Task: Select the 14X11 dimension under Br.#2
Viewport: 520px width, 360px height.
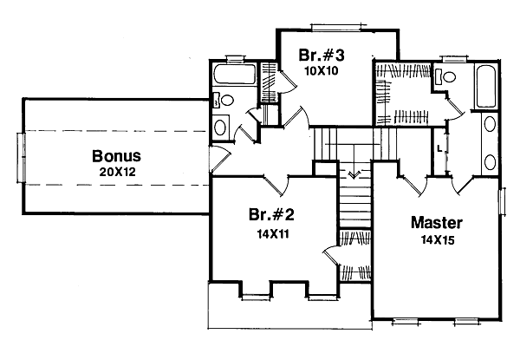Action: click(265, 232)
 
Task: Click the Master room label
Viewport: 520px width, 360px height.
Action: click(437, 222)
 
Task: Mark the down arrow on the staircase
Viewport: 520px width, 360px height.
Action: click(351, 174)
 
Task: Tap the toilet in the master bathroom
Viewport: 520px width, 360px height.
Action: click(447, 77)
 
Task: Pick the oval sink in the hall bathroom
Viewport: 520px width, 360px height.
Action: click(220, 128)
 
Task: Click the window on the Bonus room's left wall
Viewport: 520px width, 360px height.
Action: click(20, 158)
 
